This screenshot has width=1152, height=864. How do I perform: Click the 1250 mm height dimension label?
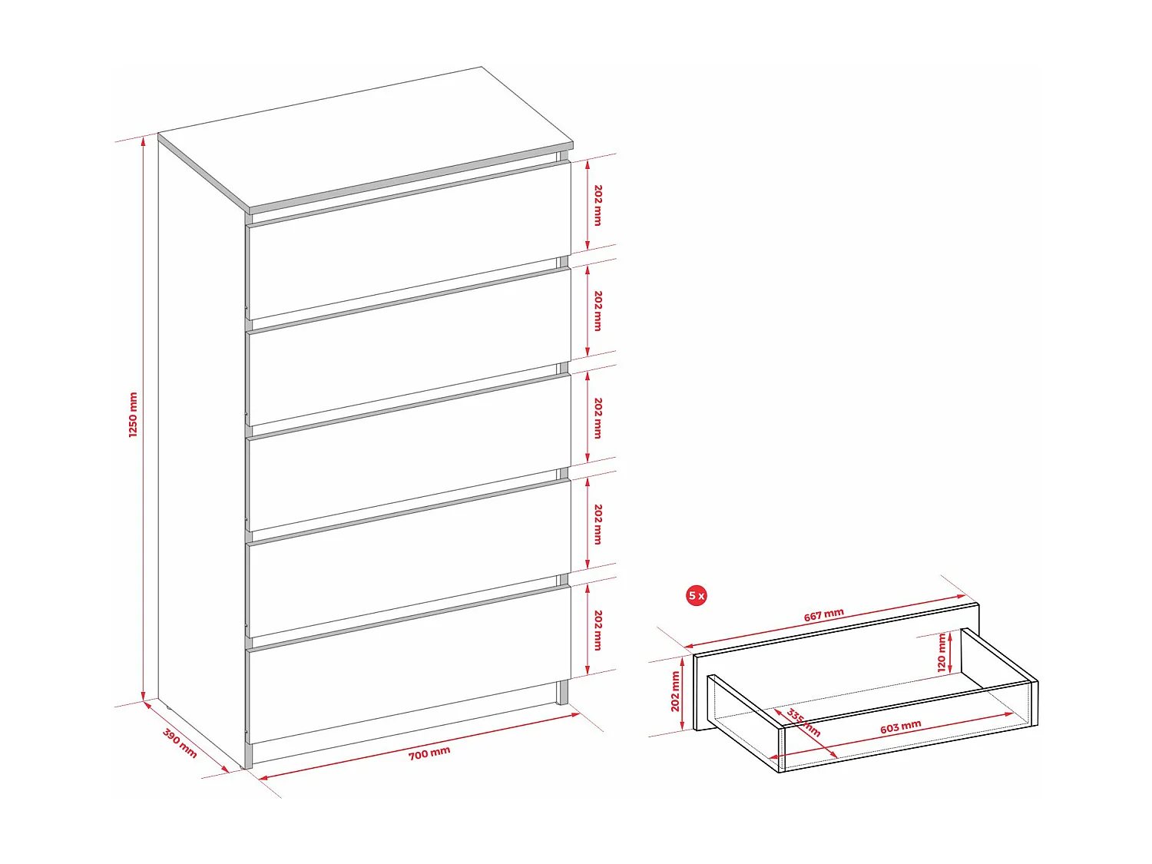(x=133, y=415)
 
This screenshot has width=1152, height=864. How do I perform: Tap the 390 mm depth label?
(x=180, y=743)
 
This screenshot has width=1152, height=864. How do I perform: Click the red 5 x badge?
(x=697, y=595)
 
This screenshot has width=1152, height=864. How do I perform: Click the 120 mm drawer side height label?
(x=942, y=653)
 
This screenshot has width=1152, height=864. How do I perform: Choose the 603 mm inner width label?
(x=901, y=727)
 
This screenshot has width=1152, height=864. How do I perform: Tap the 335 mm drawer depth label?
(x=803, y=723)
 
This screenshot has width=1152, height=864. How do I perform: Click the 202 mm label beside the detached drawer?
(x=676, y=691)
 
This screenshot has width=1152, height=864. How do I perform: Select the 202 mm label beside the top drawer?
(x=598, y=205)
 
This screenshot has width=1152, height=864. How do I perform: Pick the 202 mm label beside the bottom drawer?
(x=598, y=631)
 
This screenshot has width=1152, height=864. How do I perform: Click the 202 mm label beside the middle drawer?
(x=598, y=418)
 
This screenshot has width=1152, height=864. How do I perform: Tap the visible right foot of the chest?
(x=563, y=692)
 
